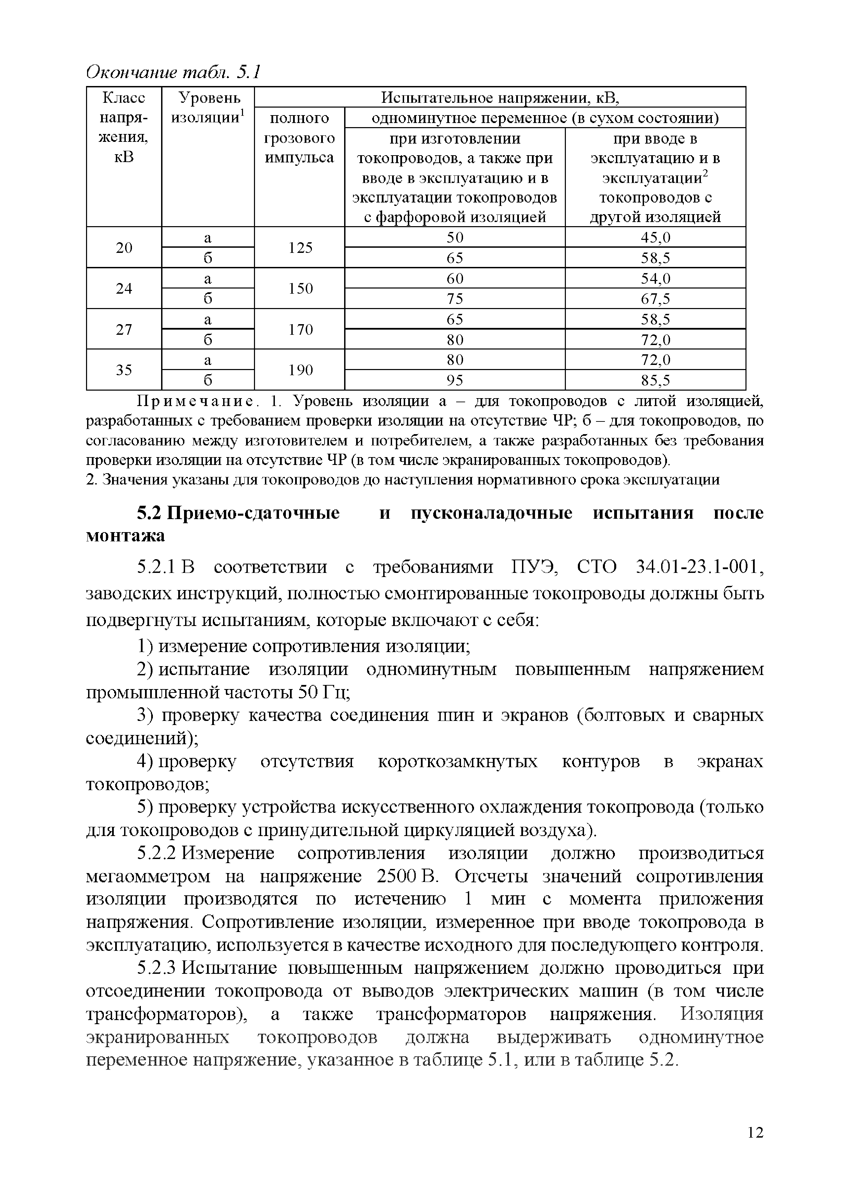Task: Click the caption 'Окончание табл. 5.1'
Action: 173,72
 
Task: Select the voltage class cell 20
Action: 124,248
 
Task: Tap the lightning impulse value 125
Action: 300,248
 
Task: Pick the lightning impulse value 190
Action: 300,370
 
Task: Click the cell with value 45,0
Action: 655,238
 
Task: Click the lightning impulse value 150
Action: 300,289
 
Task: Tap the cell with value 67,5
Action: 655,299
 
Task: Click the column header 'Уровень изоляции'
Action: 208,107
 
